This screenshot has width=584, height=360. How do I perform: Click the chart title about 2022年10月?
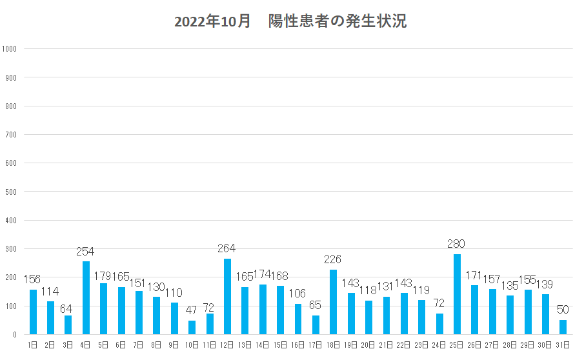pos(290,21)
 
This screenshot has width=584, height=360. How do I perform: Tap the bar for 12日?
pos(227,297)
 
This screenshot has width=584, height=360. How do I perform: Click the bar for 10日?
pos(192,328)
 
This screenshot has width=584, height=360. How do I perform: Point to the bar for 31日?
pos(563,327)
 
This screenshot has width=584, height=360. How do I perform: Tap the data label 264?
pos(227,248)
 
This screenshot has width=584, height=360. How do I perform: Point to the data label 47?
pos(192,310)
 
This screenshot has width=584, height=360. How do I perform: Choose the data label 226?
pos(333,259)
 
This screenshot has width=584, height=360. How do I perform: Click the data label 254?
pos(86,251)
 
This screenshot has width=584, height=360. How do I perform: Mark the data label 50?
pos(563,310)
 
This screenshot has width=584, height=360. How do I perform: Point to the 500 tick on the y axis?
pos(11,192)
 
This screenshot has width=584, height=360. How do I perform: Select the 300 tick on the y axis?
pos(11,249)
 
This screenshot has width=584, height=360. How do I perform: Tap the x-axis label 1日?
pos(33,345)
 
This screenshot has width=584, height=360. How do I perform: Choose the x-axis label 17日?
pos(316,345)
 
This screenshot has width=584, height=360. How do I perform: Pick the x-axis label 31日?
pos(563,345)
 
